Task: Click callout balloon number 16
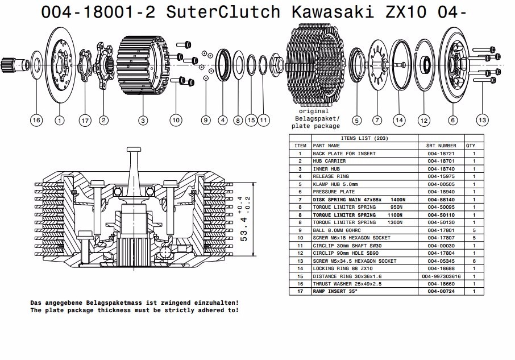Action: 36,121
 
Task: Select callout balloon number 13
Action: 483,120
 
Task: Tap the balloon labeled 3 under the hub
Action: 143,121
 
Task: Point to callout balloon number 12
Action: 423,121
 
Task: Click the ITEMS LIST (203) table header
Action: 364,138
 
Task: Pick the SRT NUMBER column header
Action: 441,146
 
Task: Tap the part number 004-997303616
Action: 441,276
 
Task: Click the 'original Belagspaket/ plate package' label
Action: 314,119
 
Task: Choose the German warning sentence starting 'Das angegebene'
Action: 134,303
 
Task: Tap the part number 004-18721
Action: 441,154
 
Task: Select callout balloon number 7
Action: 377,121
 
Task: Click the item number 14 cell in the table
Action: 300,268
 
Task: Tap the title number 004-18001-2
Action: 98,12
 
